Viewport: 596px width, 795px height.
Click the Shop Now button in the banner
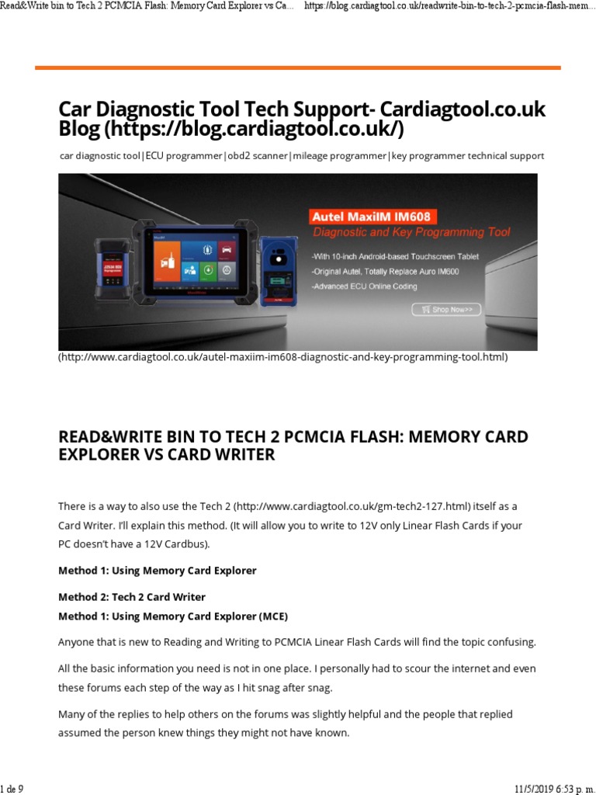[446, 309]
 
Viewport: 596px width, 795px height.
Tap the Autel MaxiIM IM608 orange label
[370, 216]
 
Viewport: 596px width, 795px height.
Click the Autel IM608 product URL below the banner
[282, 357]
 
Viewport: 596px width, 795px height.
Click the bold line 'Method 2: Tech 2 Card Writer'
[132, 597]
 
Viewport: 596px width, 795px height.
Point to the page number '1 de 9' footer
[12, 789]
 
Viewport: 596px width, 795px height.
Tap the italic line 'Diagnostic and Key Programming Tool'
[411, 232]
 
